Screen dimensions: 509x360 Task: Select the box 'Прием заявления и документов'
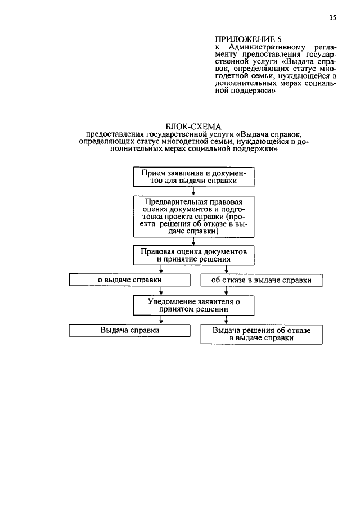[193, 177]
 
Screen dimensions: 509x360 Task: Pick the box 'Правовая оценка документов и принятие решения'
[193, 255]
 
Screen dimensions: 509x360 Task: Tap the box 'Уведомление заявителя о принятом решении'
[193, 305]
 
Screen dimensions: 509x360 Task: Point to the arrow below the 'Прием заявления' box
[193, 191]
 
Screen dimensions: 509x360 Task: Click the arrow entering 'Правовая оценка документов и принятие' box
[193, 242]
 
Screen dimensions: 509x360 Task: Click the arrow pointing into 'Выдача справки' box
[161, 321]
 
